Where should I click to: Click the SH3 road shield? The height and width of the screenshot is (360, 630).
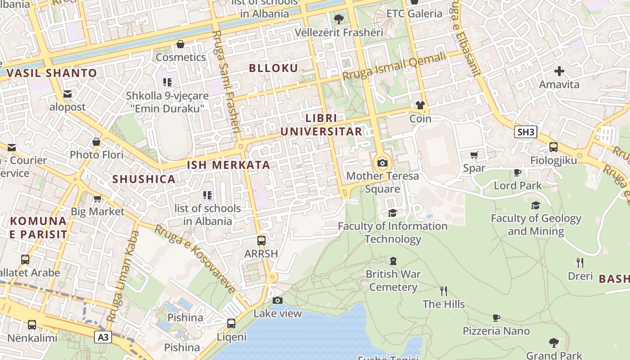(x=526, y=132)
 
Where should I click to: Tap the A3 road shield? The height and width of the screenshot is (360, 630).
(x=103, y=337)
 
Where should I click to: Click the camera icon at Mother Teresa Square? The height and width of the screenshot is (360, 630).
(x=382, y=163)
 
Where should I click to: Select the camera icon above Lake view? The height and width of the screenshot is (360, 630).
(x=278, y=300)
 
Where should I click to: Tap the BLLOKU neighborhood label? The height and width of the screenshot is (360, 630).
(x=274, y=68)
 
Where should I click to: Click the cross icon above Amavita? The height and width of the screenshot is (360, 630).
(x=559, y=71)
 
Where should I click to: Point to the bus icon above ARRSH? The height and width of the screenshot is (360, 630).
(x=261, y=240)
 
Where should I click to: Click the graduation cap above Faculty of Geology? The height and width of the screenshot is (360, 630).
(x=535, y=206)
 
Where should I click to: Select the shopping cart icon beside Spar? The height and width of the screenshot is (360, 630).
(x=474, y=155)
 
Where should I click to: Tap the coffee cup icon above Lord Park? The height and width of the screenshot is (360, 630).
(x=517, y=172)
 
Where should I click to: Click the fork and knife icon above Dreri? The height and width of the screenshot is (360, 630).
(x=580, y=262)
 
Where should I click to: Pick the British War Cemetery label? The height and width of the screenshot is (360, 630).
(x=393, y=280)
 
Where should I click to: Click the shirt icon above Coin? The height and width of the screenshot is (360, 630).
(x=420, y=106)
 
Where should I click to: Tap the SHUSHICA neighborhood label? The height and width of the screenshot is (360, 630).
(x=144, y=179)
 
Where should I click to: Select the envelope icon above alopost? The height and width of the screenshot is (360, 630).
(x=67, y=94)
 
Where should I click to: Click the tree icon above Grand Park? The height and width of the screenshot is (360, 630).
(x=553, y=343)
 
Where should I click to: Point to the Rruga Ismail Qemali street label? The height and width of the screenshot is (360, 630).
(x=394, y=67)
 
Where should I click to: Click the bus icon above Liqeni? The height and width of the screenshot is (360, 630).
(x=231, y=323)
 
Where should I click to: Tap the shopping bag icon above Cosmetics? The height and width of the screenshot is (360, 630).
(x=180, y=44)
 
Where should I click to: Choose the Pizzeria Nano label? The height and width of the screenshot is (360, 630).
(x=496, y=331)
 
